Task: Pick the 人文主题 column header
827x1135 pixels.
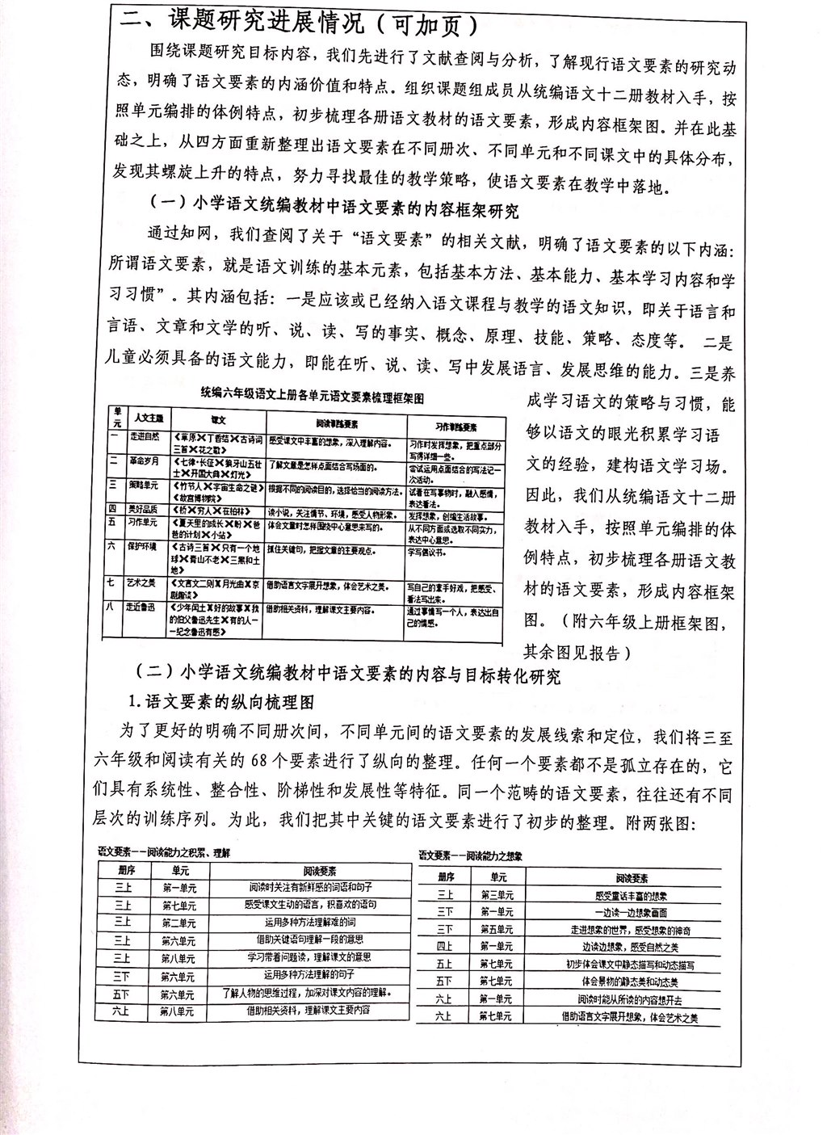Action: [148, 419]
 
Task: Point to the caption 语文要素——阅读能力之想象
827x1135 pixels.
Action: [471, 854]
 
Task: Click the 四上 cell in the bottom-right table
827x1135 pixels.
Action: [444, 946]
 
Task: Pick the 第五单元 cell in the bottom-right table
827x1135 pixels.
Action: [496, 929]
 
